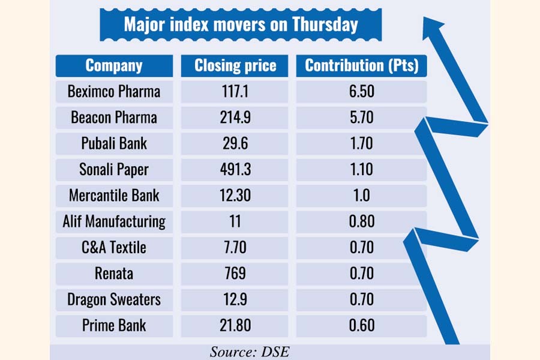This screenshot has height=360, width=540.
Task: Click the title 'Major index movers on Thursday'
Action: point(241,25)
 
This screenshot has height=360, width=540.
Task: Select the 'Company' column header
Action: point(114,66)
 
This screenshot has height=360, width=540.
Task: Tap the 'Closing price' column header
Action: point(235,66)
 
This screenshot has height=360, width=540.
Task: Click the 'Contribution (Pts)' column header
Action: point(361,66)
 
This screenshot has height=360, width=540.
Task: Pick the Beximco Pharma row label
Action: point(114,92)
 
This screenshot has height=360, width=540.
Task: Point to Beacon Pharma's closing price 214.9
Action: point(235,118)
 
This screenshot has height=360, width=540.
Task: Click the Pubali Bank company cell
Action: point(114,143)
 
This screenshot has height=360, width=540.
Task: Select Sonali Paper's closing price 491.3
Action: point(235,170)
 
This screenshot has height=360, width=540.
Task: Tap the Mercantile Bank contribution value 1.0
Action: point(361,196)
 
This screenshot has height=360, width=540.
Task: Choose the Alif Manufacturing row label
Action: point(114,221)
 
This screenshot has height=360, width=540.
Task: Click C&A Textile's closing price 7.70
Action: point(235,247)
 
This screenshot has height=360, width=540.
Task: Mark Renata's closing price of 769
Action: point(235,273)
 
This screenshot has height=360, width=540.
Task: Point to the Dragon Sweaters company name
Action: point(114,299)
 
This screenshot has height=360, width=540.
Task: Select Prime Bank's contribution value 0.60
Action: point(361,325)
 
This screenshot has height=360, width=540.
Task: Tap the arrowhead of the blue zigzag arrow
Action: point(433,27)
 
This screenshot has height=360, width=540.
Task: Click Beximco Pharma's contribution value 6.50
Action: point(361,92)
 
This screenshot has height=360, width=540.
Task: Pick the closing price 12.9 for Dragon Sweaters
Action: point(235,299)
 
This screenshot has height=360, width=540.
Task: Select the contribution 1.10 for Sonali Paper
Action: point(361,170)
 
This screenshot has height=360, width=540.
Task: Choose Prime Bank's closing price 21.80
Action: point(235,325)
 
